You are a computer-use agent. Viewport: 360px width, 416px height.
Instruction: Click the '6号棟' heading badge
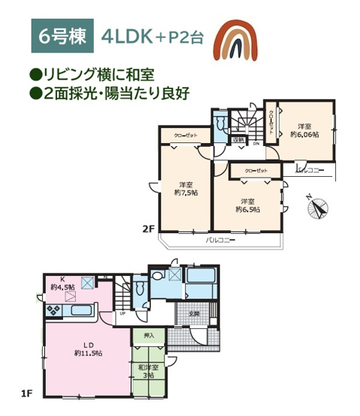(62, 36)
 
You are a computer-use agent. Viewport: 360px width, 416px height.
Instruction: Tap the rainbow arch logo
(236, 39)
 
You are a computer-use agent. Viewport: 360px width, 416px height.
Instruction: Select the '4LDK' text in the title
(133, 36)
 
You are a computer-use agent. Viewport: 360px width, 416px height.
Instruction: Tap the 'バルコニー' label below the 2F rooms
(221, 241)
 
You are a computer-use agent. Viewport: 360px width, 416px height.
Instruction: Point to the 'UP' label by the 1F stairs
(123, 313)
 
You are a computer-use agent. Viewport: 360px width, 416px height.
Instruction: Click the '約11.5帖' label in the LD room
(88, 352)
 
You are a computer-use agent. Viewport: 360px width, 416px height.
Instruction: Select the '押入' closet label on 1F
(148, 335)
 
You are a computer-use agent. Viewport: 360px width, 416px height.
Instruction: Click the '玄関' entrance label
(193, 313)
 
